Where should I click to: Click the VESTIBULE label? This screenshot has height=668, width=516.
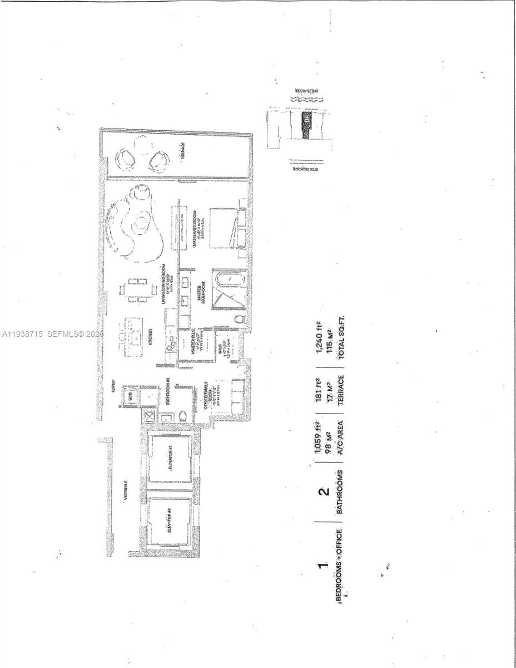pyautogui.click(x=126, y=490)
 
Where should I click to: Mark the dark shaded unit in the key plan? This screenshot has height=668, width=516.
pyautogui.click(x=306, y=126)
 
